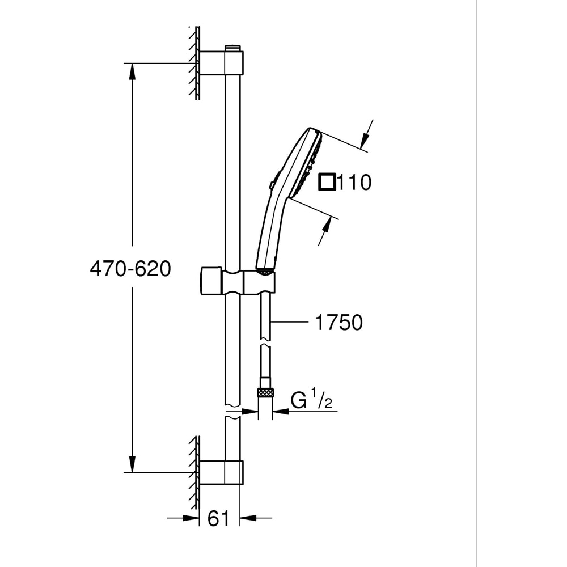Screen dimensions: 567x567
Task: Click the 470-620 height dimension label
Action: [x=130, y=269]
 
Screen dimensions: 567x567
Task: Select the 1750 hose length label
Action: [x=338, y=323]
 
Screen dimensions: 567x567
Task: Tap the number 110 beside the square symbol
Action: [x=354, y=183]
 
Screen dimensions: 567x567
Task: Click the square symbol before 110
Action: [x=327, y=182]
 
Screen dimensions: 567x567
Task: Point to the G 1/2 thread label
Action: [x=311, y=400]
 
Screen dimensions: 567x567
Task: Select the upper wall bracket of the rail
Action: [x=222, y=63]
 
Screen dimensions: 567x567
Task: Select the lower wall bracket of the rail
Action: [x=222, y=472]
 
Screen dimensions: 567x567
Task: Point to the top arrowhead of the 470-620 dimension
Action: [x=132, y=70]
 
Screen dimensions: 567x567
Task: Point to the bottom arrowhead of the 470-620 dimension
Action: [x=132, y=465]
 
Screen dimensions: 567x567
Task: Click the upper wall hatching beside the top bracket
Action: [x=194, y=62]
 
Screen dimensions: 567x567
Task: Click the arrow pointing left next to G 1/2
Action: [x=281, y=412]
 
